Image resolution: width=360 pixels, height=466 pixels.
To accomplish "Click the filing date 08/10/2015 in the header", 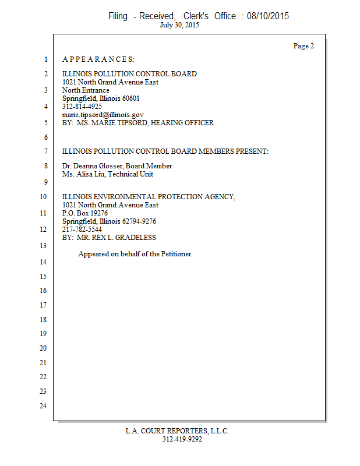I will (x=267, y=16).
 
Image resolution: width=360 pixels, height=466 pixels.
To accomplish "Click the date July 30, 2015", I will (x=179, y=26).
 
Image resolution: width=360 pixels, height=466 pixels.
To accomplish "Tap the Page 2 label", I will (x=303, y=46).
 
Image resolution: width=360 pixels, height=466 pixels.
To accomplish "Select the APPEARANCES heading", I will (x=98, y=59).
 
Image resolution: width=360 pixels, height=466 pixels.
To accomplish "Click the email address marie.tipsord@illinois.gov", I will (x=103, y=115).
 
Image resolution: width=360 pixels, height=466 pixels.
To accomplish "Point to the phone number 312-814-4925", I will (x=82, y=107).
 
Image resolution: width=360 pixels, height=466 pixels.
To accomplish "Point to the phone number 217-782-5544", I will (x=82, y=230).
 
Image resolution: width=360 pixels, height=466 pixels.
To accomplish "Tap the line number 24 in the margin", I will (x=43, y=405).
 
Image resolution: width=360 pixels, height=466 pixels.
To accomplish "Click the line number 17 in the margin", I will (x=43, y=305).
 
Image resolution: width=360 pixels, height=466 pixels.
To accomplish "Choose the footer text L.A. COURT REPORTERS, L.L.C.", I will (x=177, y=431).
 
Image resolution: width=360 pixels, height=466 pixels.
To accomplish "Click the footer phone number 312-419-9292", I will (x=182, y=439).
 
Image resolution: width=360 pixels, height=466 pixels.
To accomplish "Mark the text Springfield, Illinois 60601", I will (x=101, y=98).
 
